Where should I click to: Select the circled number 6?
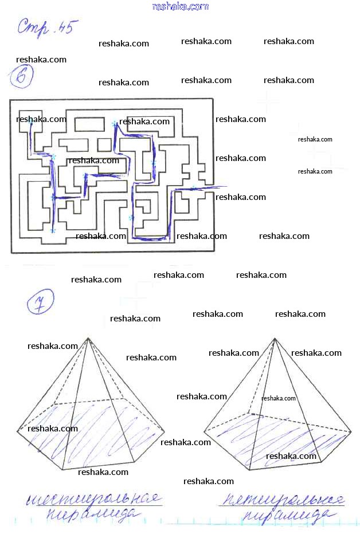point(21,77)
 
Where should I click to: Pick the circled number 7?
point(40,301)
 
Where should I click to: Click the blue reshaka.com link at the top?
point(181,6)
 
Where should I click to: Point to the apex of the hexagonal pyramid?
point(88,338)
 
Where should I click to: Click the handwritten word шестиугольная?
point(93,500)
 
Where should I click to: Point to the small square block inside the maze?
point(104,144)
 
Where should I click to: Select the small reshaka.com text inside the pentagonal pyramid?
point(279,398)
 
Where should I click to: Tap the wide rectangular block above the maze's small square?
point(89,124)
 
